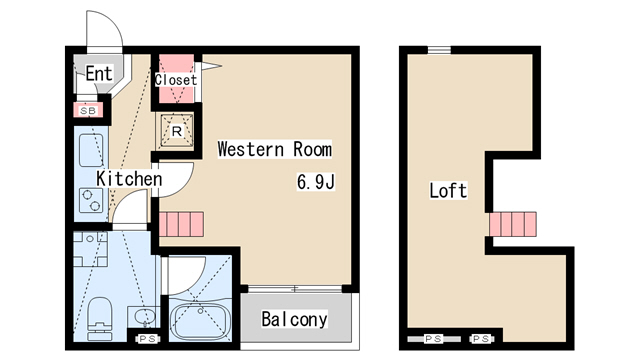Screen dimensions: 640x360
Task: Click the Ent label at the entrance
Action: tap(98, 73)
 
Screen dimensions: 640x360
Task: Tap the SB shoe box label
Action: tap(88, 111)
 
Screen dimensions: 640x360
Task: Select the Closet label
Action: tap(176, 80)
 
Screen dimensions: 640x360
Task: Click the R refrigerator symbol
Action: tap(176, 131)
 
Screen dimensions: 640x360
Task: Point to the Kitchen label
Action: tap(129, 179)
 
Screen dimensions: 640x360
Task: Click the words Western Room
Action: tap(274, 149)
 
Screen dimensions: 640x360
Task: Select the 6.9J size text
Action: tap(316, 182)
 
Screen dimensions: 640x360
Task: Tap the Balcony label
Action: tap(294, 319)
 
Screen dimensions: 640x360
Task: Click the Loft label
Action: tap(448, 191)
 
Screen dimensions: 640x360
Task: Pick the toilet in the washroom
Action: tap(100, 318)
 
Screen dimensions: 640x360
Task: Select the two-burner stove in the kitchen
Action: tap(91, 200)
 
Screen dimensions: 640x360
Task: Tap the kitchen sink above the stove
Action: tap(91, 151)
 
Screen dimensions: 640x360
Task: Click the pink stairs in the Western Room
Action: tap(181, 224)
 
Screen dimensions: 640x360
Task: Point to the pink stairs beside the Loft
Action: tap(513, 224)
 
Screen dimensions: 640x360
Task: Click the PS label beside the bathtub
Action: tap(147, 339)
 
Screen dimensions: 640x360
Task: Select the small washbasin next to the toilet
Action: tap(143, 317)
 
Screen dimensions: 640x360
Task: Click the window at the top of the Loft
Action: tap(439, 50)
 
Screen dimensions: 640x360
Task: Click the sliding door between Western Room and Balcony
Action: tap(295, 289)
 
